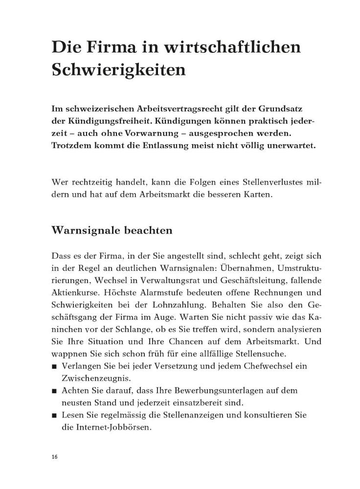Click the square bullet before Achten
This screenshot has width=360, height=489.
coord(54,391)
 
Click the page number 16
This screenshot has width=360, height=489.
coord(54,457)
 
